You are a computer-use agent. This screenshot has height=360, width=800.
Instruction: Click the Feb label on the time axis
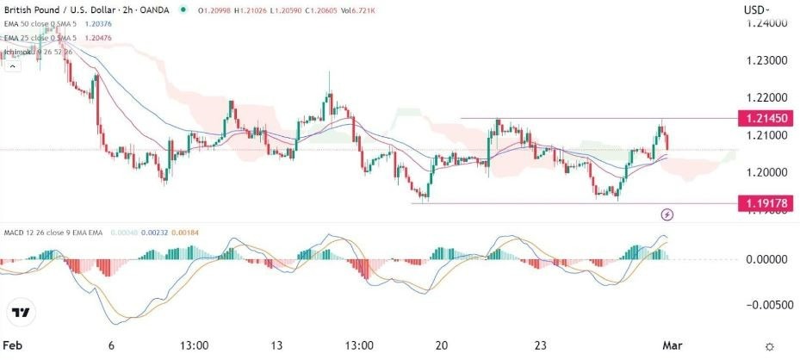13,345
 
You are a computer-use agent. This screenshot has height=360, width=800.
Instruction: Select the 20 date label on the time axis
442,345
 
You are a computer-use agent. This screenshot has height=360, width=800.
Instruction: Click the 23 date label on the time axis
541,345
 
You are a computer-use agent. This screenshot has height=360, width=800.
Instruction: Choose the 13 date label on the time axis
277,345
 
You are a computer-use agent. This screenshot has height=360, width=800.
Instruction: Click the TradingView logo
22,312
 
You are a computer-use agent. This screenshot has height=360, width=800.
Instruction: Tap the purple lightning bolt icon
667,214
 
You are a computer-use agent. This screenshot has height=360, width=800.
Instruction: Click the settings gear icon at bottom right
771,345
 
